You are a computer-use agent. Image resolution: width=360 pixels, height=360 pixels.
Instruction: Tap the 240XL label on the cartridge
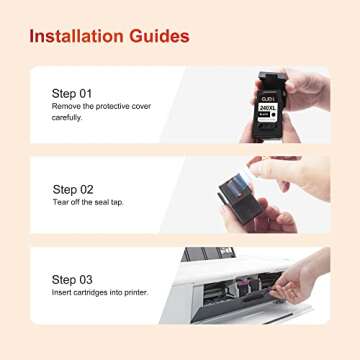click(268, 106)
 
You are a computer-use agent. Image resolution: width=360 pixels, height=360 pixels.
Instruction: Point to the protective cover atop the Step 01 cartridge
click(267, 79)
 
